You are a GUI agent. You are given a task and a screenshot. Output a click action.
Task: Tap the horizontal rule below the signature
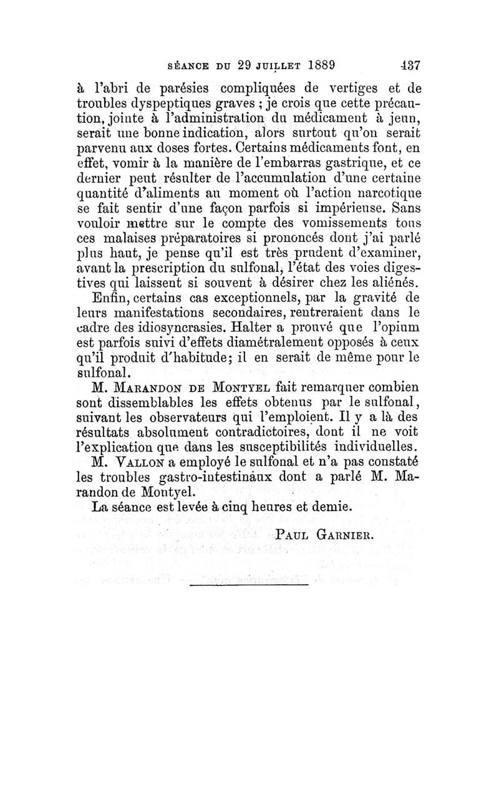[249, 584]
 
